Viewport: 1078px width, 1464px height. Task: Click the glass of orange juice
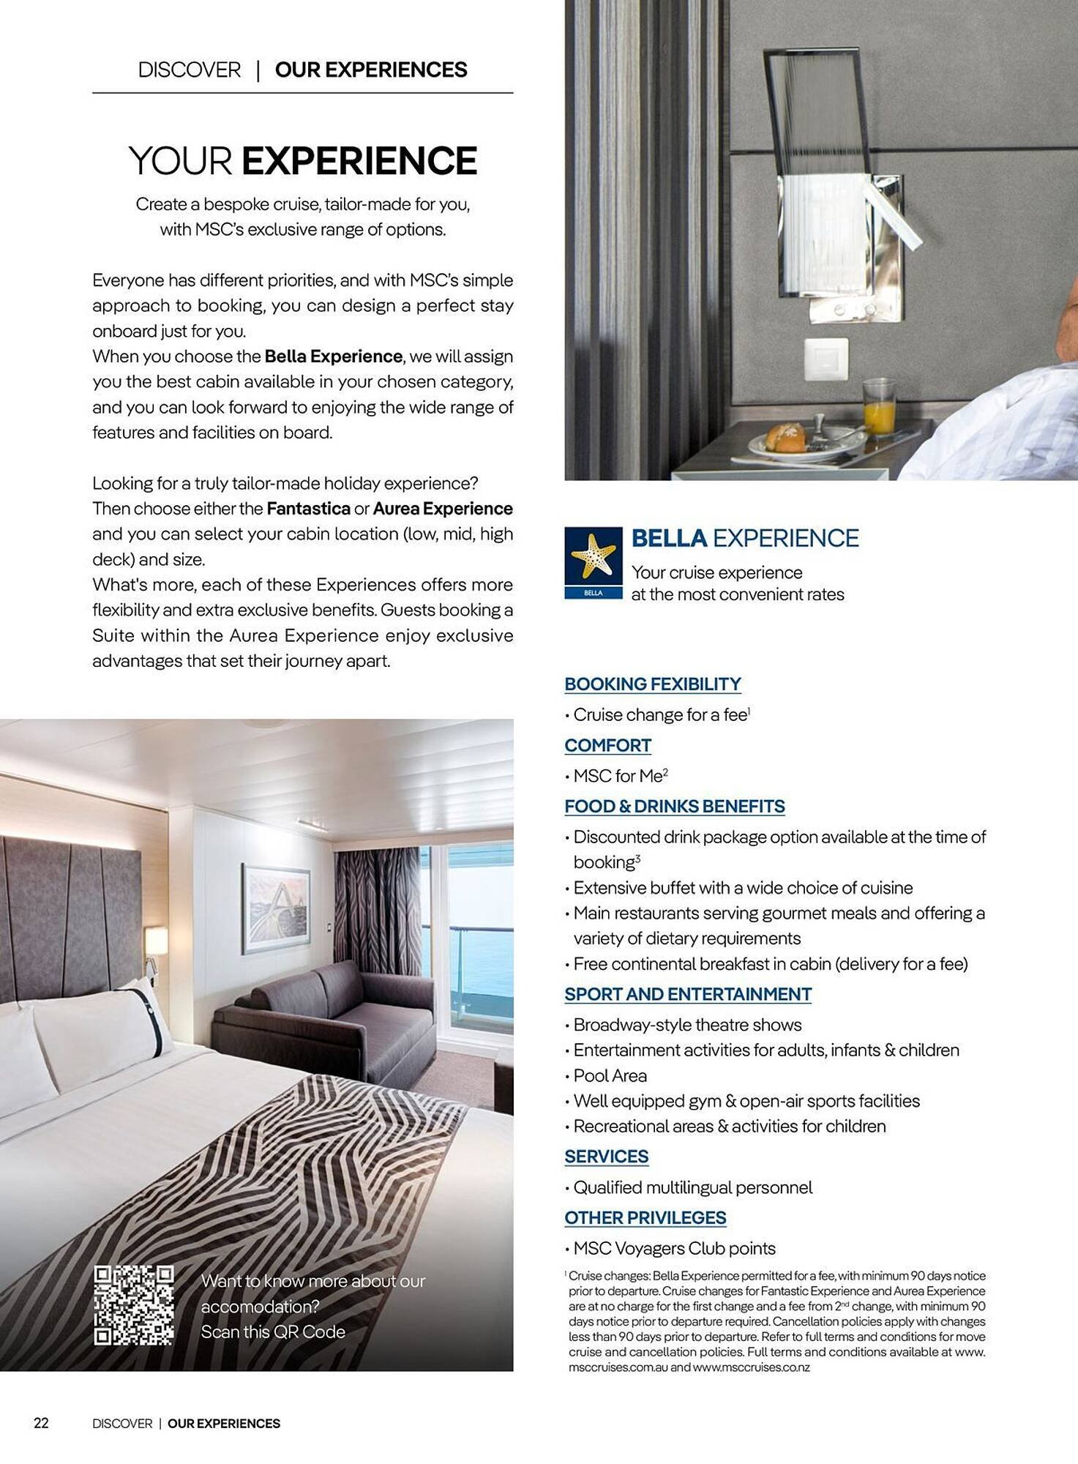click(878, 407)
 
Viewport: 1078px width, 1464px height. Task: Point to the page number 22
click(41, 1423)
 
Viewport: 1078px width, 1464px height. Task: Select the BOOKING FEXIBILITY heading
click(652, 684)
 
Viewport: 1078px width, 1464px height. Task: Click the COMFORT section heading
click(607, 745)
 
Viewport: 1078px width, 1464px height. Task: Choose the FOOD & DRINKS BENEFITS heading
click(674, 806)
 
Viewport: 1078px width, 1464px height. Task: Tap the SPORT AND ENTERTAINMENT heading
click(687, 994)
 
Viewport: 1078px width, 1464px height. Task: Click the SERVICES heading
click(606, 1157)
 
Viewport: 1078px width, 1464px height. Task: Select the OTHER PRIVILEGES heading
click(645, 1217)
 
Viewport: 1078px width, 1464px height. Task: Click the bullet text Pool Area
click(610, 1075)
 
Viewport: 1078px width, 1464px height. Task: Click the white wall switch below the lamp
click(826, 360)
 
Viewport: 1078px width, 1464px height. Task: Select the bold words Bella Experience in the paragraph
click(333, 356)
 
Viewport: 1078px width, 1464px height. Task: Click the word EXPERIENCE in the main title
click(359, 161)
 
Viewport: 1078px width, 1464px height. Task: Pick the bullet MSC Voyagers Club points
click(674, 1248)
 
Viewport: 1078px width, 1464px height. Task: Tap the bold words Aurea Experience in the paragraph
click(443, 509)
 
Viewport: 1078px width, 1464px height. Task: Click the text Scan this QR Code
click(273, 1332)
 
